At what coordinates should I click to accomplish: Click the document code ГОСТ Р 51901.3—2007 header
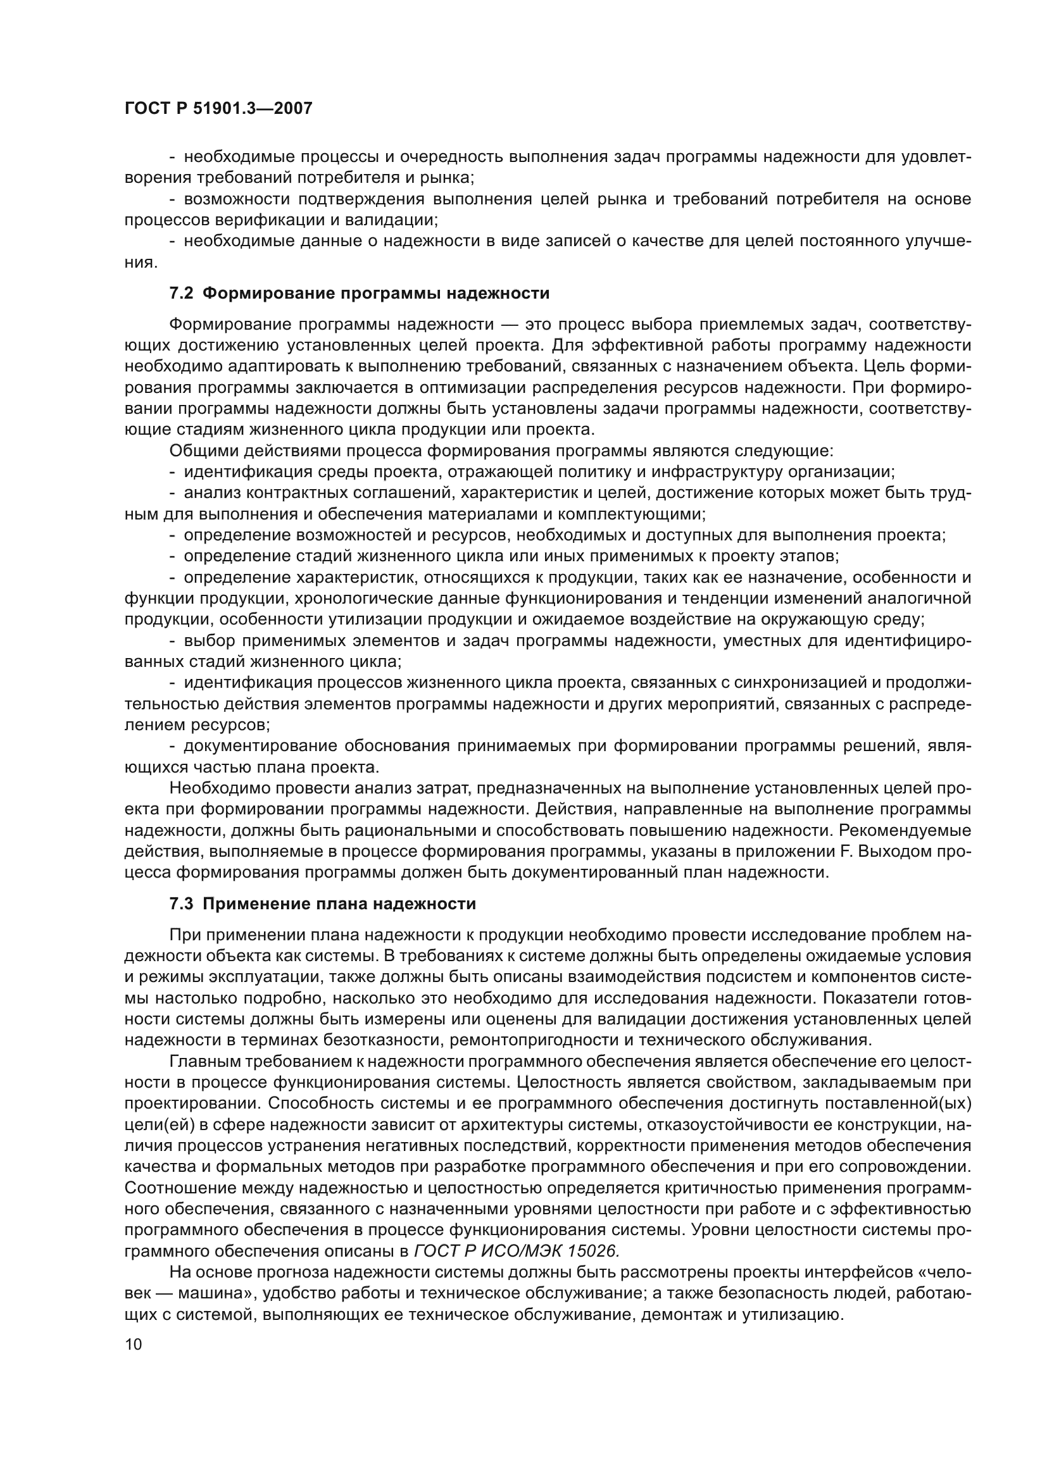218,108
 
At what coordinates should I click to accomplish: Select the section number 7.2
181,294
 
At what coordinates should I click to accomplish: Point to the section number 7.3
181,904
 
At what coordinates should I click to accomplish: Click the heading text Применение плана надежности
339,904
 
